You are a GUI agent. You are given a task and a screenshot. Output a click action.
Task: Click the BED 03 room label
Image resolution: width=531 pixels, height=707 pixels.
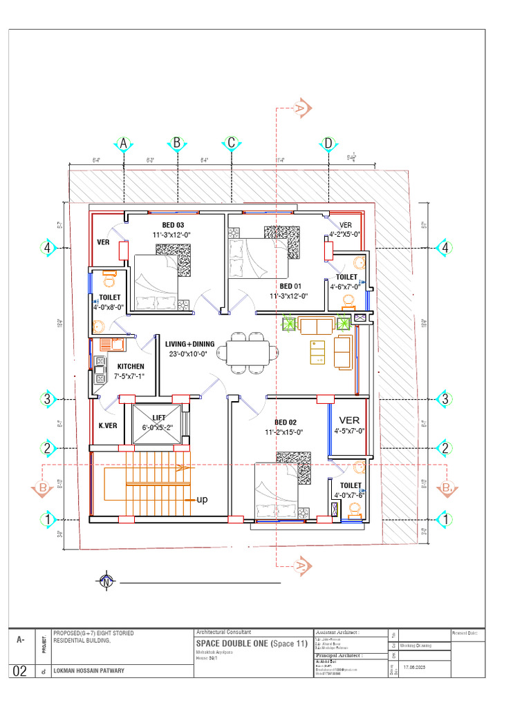click(172, 225)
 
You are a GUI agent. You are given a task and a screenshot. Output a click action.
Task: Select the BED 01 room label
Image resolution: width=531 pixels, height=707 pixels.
click(291, 286)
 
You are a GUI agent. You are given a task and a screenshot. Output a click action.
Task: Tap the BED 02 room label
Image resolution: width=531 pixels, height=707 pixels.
click(286, 423)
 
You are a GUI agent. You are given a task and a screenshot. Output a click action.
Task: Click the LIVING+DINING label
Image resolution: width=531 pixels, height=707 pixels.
click(189, 344)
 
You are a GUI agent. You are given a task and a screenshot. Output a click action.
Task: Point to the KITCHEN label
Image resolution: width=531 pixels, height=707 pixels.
click(131, 367)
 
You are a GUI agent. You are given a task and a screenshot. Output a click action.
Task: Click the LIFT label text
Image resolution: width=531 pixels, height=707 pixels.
click(159, 418)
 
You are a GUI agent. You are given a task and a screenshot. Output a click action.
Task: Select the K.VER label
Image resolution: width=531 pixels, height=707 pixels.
click(106, 425)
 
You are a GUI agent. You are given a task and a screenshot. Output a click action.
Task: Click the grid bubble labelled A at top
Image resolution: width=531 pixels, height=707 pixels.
click(124, 144)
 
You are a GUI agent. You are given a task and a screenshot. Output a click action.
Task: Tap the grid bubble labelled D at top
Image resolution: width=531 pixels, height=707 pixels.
click(328, 144)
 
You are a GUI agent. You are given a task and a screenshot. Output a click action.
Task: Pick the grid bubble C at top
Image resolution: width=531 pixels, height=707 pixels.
click(231, 144)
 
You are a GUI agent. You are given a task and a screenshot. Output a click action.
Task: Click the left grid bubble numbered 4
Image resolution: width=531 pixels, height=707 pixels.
click(48, 248)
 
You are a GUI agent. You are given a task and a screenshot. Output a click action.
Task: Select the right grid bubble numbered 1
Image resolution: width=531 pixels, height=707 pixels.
click(446, 519)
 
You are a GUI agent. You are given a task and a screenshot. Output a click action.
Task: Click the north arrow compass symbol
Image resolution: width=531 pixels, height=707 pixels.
click(106, 583)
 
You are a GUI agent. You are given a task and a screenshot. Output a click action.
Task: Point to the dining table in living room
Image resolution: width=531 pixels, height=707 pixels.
click(247, 354)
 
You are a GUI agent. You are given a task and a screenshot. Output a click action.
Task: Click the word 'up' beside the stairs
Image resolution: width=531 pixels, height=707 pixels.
click(203, 498)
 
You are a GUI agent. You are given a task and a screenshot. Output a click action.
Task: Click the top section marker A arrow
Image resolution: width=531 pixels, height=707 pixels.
click(300, 108)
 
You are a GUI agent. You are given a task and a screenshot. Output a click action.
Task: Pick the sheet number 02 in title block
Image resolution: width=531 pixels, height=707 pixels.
click(21, 670)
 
